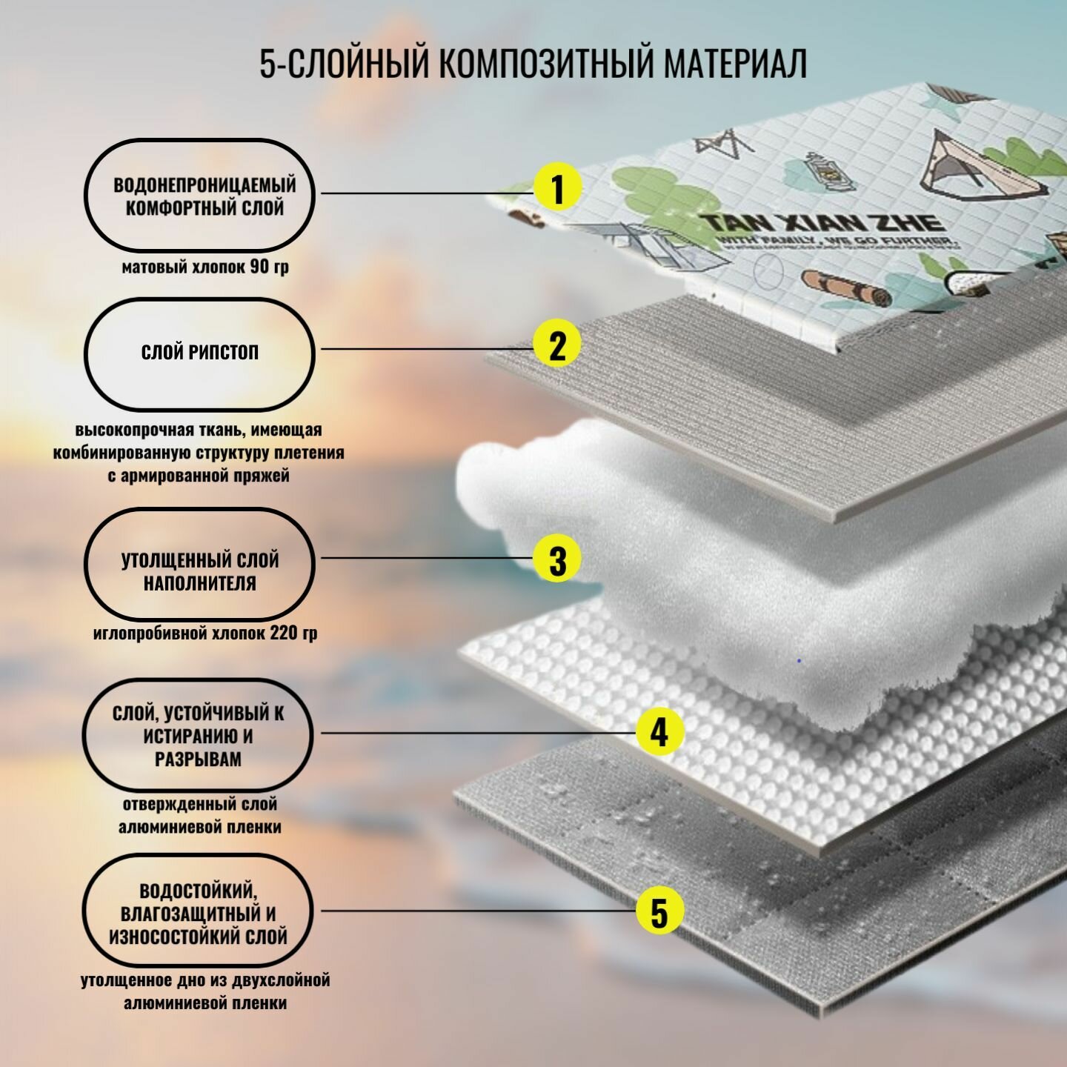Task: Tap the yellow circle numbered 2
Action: click(x=557, y=345)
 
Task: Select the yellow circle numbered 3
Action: click(x=557, y=559)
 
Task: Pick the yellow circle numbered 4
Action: click(x=659, y=732)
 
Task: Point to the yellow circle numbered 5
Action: click(x=659, y=911)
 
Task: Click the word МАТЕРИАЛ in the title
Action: click(x=734, y=64)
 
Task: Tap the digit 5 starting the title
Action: click(x=267, y=64)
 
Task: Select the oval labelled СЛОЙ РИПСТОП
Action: click(x=199, y=353)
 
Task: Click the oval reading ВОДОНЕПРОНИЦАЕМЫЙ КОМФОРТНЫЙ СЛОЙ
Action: click(x=199, y=195)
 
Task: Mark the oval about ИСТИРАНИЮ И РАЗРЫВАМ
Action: click(x=198, y=735)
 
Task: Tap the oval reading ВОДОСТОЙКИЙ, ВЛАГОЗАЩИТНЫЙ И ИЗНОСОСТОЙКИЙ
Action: click(x=198, y=913)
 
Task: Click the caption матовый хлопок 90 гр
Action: click(x=205, y=267)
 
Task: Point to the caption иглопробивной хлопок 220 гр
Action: click(x=205, y=634)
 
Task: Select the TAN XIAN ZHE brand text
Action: click(x=822, y=222)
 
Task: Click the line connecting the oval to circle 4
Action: click(x=474, y=733)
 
